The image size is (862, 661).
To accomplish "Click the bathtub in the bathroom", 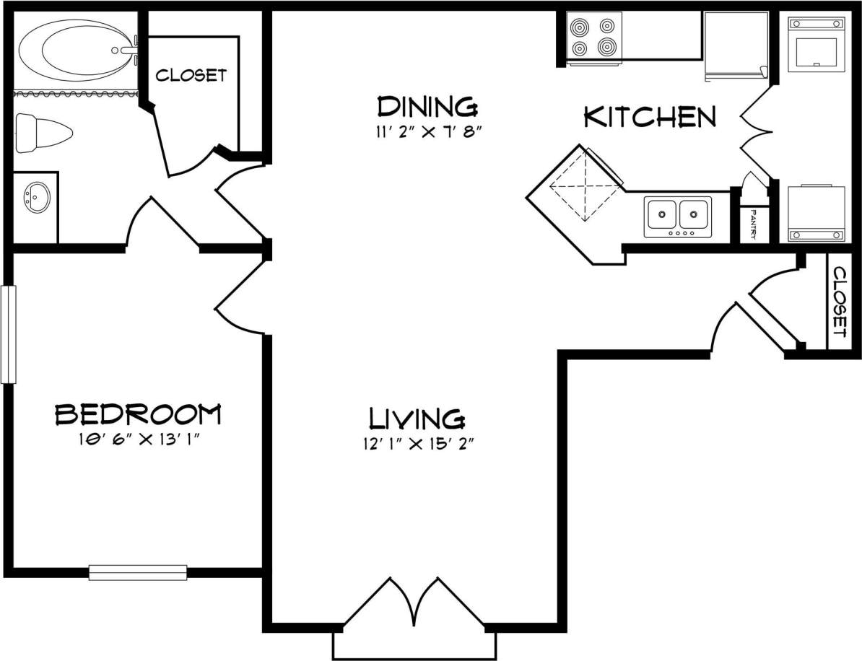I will [x=76, y=51].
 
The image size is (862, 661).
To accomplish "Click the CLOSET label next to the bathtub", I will [x=191, y=75].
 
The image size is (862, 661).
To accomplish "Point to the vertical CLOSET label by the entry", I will [x=839, y=302].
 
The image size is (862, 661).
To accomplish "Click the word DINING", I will [x=427, y=107].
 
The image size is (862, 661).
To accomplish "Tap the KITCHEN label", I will [x=650, y=117].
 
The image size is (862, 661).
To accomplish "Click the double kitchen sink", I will [x=678, y=215].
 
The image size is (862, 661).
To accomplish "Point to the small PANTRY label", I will [x=752, y=224].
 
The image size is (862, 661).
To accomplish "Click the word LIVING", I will [x=417, y=419].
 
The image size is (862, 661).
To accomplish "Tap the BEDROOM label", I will [x=138, y=414].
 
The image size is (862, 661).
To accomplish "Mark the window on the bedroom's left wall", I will [x=8, y=333].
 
